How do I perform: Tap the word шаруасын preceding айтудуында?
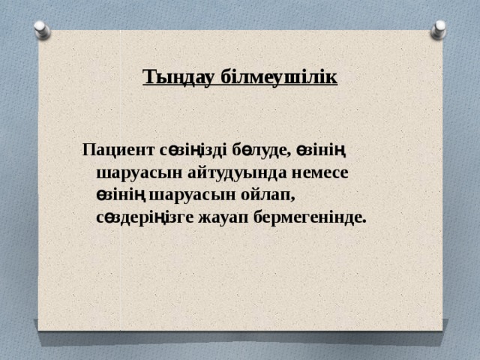[x=133, y=172]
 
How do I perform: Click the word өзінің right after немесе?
[x=121, y=195]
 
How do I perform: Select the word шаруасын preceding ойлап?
[x=185, y=195]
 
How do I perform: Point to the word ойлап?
[x=261, y=195]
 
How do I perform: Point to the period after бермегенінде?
[x=364, y=222]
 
